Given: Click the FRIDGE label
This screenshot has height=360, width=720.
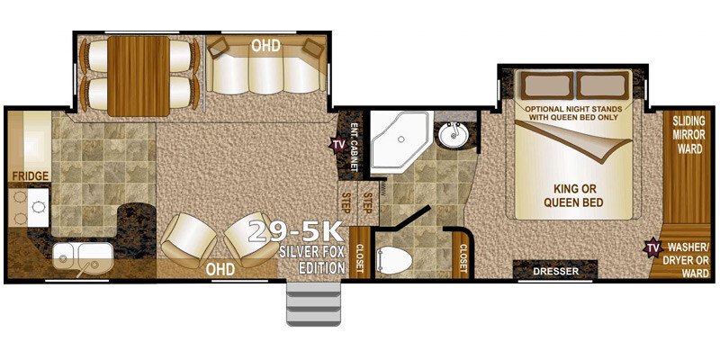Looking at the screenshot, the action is pos(31,175).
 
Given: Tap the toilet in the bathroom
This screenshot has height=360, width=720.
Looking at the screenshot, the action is pos(394,260).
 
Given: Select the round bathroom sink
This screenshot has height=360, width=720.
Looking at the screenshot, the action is pos(454,134).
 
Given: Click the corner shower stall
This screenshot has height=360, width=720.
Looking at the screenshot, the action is pos(400,142).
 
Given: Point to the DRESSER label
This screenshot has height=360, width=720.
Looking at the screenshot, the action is pos(555,272).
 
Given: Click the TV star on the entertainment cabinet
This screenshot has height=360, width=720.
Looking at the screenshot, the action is pos(338,144).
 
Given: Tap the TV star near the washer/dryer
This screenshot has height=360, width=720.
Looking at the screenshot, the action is pos(652,247).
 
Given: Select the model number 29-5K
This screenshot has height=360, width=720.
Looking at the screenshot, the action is pos(296,232).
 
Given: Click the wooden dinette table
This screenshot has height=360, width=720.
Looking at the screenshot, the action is pos(139,76).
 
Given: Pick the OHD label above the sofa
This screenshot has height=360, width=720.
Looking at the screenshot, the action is pos(265,46).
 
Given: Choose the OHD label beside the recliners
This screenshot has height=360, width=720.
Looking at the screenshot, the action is pos(220,269).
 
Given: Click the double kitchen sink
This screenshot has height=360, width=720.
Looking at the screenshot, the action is pos(83,256).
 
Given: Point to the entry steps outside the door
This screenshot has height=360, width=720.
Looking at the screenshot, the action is pos(313,303).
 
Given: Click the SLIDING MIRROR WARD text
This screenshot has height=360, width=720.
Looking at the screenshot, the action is pos(688,135).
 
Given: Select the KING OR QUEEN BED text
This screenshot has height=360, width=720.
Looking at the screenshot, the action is pos(572,194).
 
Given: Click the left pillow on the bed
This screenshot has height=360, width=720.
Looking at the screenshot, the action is pos(546,85).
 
